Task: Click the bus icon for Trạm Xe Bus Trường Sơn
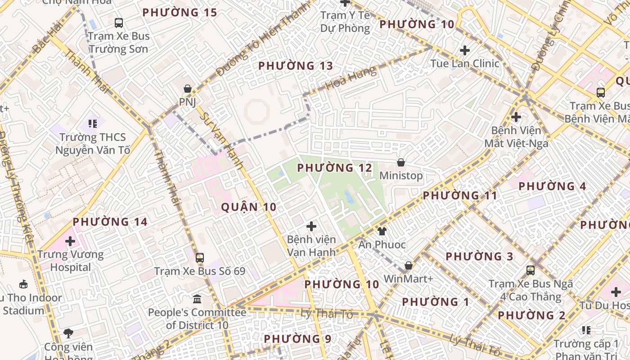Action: (x=119, y=22)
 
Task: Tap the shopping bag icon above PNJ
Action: (x=187, y=89)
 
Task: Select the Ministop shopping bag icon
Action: (x=400, y=162)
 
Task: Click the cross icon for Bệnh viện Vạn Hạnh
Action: (x=311, y=226)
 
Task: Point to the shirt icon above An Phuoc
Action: (x=382, y=231)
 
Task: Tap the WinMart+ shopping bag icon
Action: (x=408, y=265)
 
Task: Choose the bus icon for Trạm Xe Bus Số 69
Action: (x=200, y=258)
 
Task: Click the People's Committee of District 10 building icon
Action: (x=197, y=299)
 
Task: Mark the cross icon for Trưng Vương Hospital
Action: (x=70, y=241)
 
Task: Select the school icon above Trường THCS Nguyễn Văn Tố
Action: (x=93, y=123)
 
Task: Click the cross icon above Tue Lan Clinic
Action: (x=465, y=50)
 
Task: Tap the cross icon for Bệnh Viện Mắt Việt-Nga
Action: (x=516, y=117)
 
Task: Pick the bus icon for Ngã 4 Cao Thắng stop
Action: (x=531, y=270)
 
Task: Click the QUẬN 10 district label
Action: (x=248, y=207)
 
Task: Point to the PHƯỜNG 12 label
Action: (x=335, y=168)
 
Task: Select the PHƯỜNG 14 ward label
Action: (x=110, y=222)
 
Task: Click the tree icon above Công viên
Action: (x=68, y=333)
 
